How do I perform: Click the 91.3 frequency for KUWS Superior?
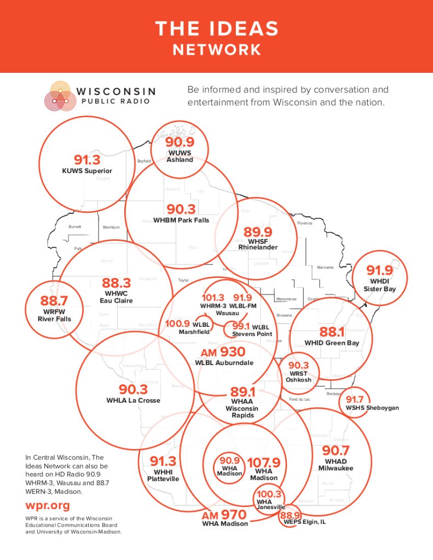(x=87, y=160)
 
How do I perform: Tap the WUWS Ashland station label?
(x=180, y=157)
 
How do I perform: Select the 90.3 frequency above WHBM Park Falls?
(x=181, y=209)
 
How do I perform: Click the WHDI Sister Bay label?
(x=379, y=285)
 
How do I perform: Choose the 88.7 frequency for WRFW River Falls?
(x=54, y=301)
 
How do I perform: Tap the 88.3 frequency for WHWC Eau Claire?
(x=116, y=283)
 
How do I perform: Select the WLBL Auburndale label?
(x=224, y=363)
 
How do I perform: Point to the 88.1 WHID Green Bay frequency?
(x=332, y=332)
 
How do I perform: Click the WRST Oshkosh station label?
(x=298, y=377)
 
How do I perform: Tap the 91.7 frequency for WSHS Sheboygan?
(x=354, y=400)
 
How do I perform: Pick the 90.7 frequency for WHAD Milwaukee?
(x=336, y=451)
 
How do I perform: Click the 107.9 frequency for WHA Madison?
(x=263, y=463)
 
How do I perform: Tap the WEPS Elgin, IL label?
(x=305, y=522)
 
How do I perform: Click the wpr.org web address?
(x=48, y=505)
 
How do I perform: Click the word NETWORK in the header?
(x=217, y=50)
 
